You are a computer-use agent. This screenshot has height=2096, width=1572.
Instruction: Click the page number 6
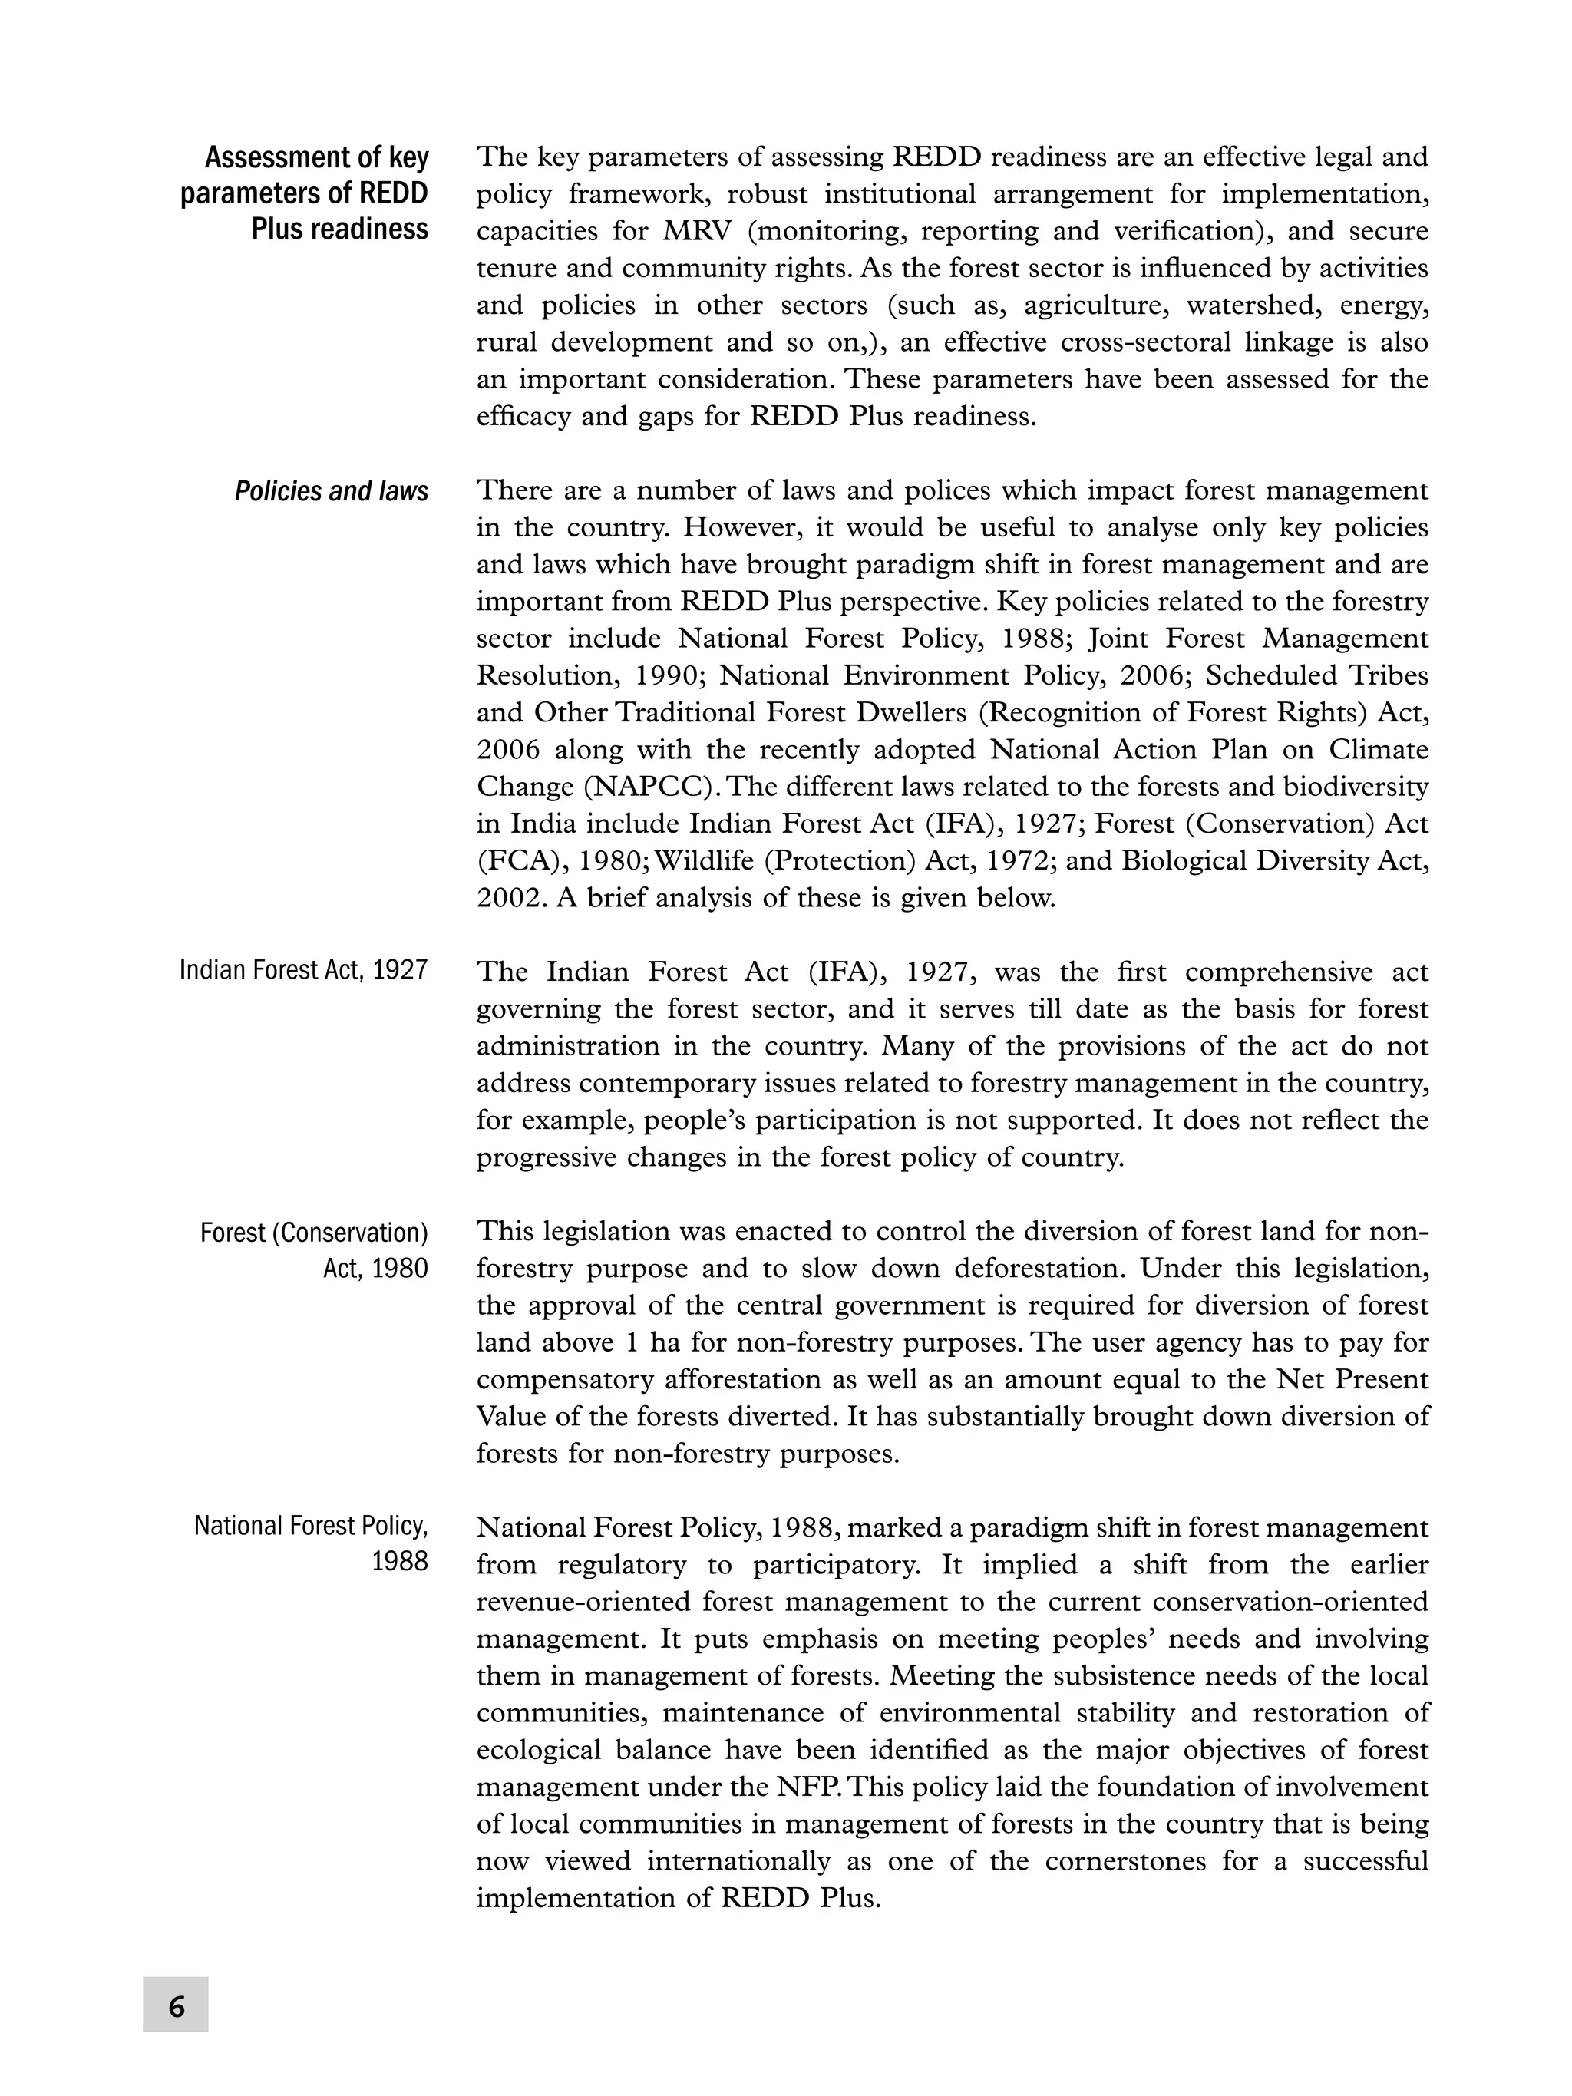(x=177, y=2007)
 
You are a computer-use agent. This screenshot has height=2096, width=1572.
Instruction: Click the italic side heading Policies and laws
(x=331, y=491)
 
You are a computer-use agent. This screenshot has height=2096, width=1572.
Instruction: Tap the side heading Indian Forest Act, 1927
(x=303, y=970)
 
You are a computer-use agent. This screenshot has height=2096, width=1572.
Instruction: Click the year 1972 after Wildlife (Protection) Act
(x=1066, y=861)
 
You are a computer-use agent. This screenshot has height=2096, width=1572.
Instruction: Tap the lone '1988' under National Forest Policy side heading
(x=399, y=1562)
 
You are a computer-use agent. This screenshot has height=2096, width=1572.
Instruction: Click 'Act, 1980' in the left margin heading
(x=375, y=1269)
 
